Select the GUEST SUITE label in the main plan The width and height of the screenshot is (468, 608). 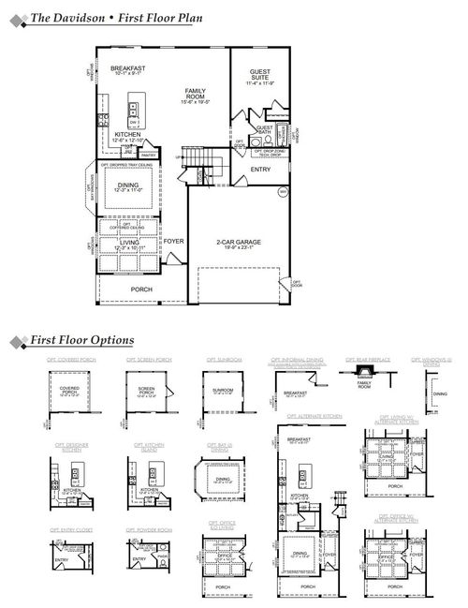tap(259, 77)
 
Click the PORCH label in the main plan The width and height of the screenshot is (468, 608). tap(141, 289)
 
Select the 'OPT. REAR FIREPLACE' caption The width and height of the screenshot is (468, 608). tap(363, 359)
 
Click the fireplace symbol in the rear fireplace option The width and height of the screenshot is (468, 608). tap(363, 373)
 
